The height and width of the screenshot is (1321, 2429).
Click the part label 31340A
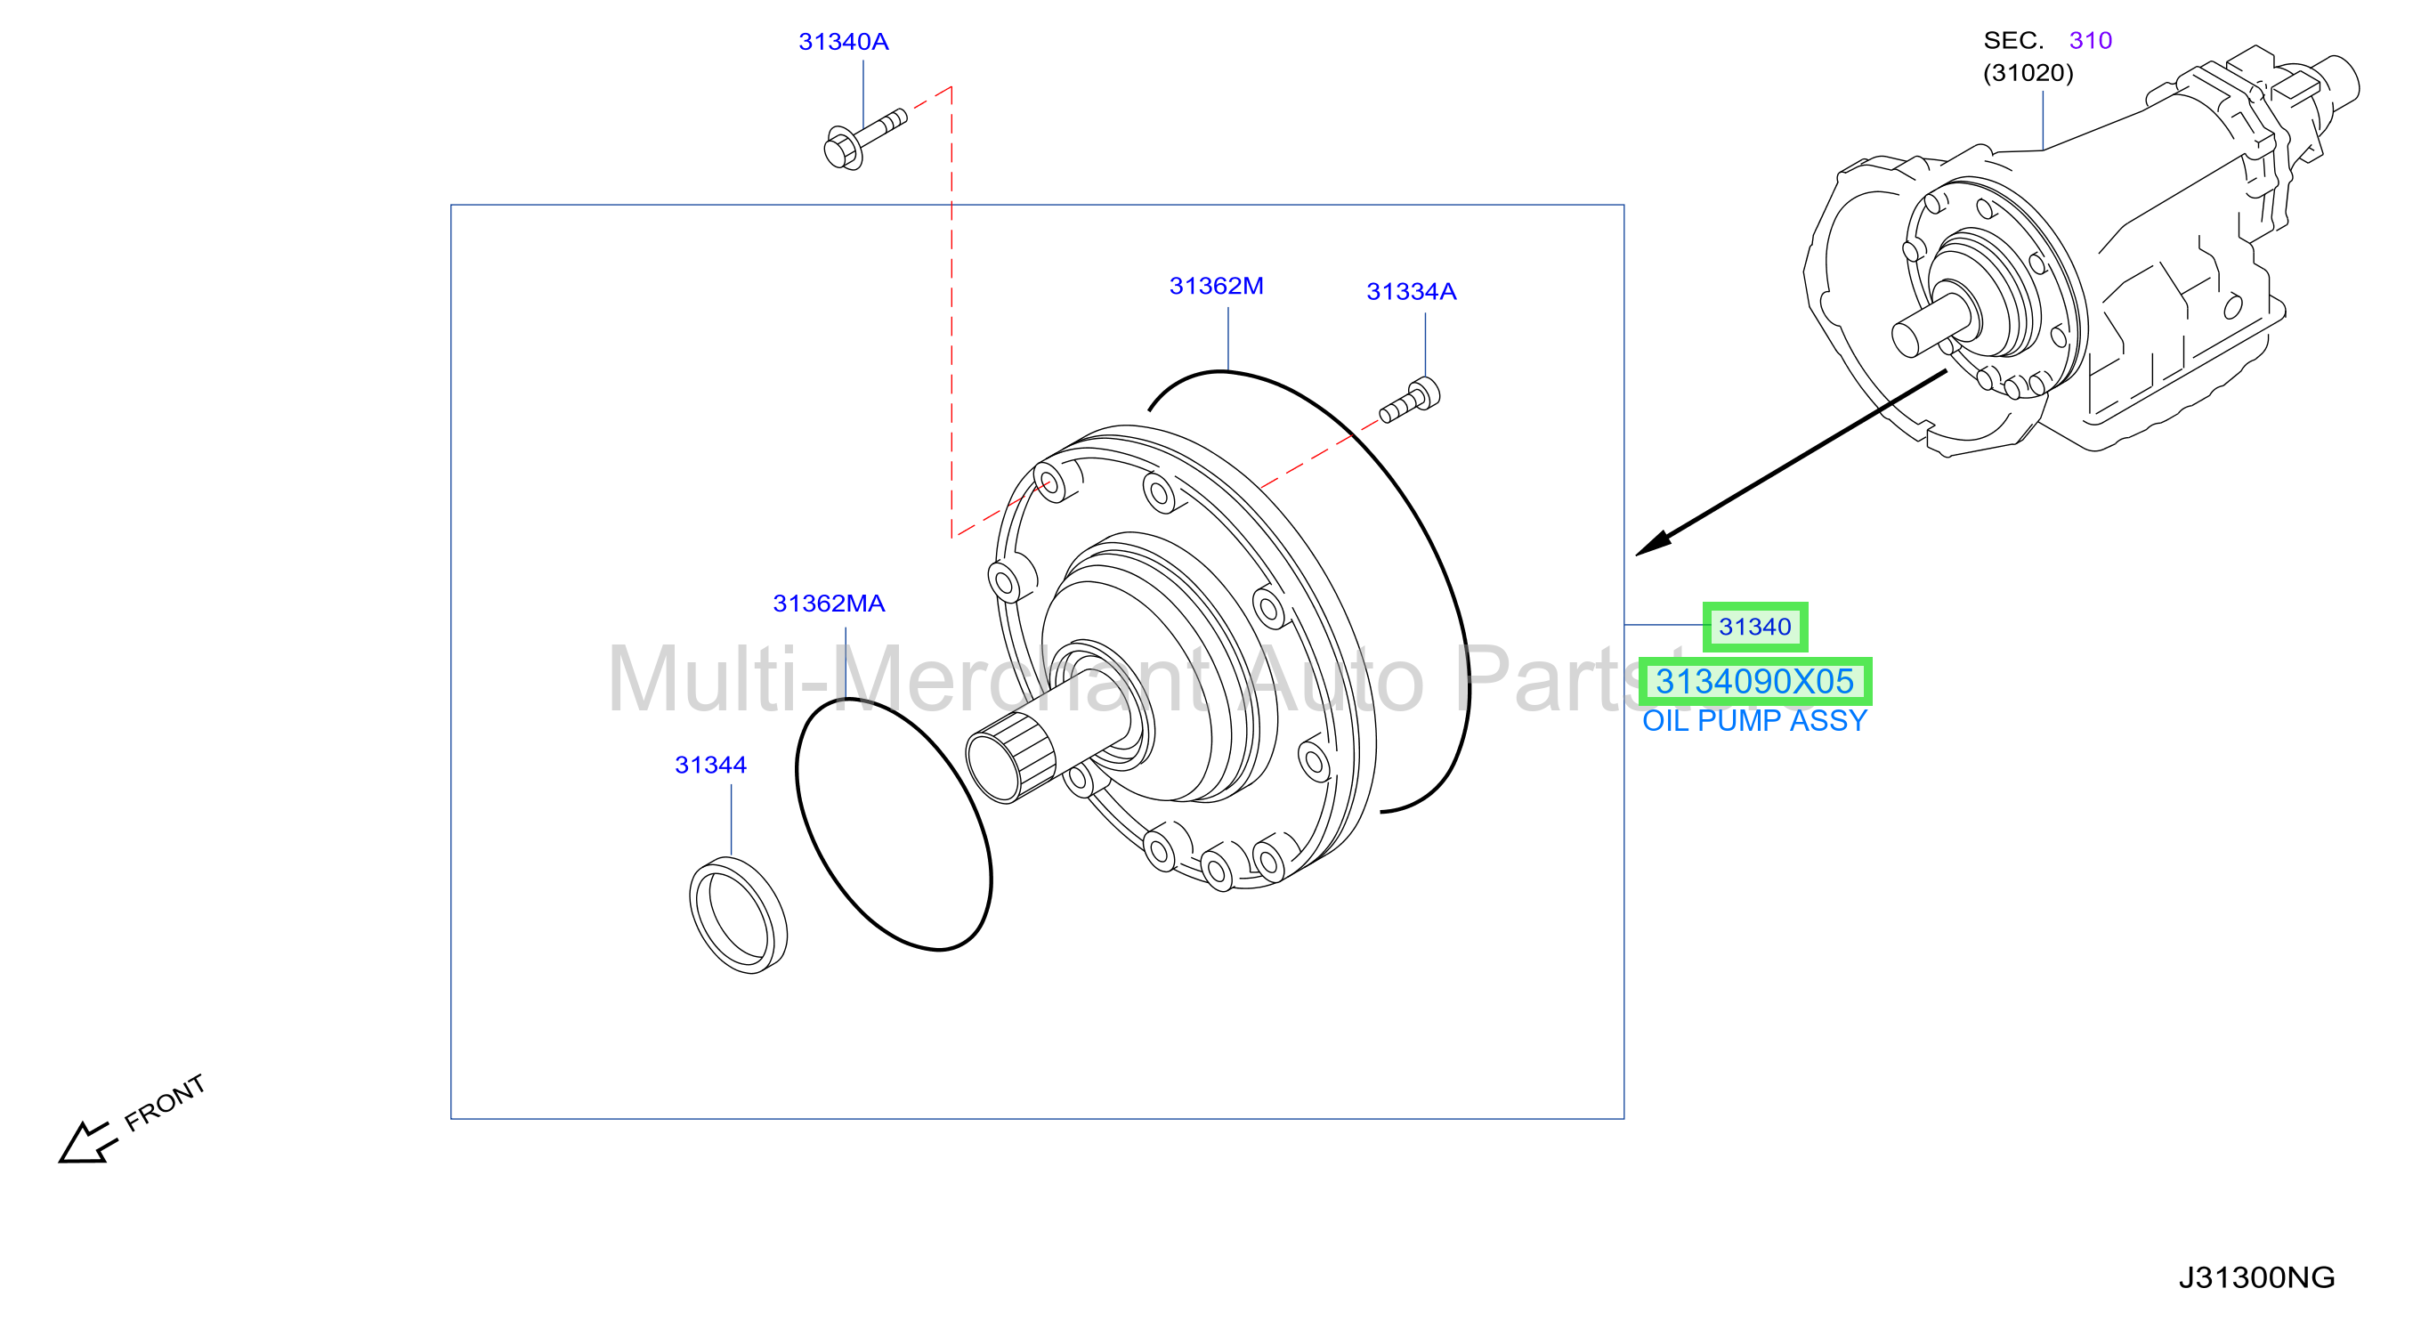843,42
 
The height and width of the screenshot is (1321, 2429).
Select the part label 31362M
1216,286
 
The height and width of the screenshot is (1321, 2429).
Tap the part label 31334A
1411,291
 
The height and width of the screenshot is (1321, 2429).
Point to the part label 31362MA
828,604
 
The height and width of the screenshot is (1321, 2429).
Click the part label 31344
710,765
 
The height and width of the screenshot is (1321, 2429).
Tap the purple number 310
2090,41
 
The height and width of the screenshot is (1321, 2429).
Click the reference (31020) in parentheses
2028,73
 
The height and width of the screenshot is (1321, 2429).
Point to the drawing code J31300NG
2255,1277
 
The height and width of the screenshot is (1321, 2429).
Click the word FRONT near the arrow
164,1102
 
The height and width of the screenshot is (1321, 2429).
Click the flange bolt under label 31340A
863,139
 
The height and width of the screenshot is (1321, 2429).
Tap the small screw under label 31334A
1409,400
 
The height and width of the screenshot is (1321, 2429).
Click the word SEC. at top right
2013,41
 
